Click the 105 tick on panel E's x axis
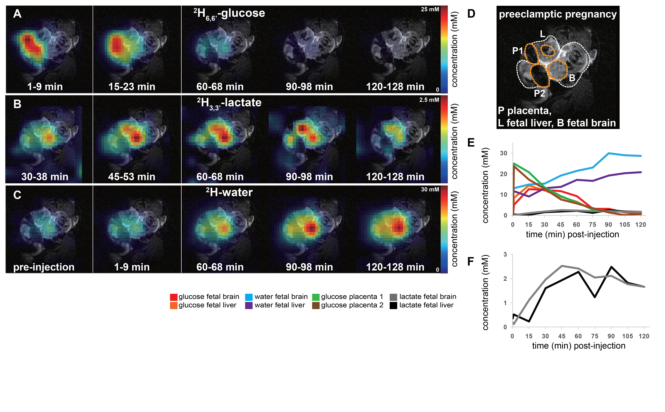pyautogui.click(x=624, y=225)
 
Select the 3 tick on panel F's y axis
pyautogui.click(x=505, y=255)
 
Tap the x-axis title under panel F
pyautogui.click(x=578, y=346)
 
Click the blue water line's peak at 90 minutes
pyautogui.click(x=609, y=153)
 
